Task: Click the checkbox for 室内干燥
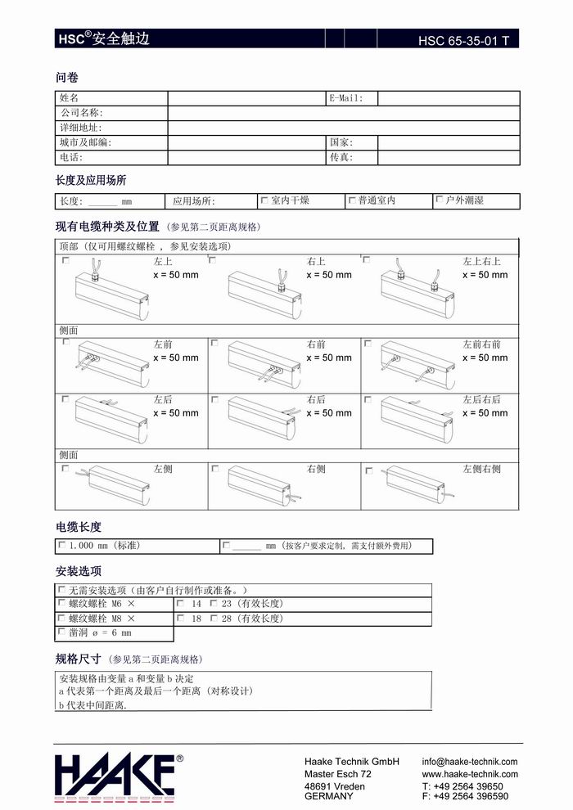264,200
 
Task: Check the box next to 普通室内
352,200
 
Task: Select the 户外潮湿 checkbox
440,200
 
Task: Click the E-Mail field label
346,98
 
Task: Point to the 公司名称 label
81,113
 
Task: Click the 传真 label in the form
341,157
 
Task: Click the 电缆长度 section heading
79,527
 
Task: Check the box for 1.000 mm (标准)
62,545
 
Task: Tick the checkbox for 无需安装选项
62,589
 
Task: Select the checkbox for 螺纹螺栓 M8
62,618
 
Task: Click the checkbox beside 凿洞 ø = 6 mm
62,632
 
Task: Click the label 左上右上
482,262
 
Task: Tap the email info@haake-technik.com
470,762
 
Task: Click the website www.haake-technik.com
470,774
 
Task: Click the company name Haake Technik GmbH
351,762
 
